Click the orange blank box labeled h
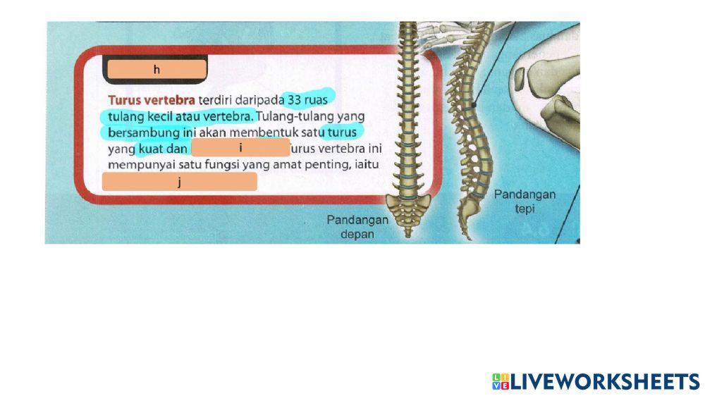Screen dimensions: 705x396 click(157, 69)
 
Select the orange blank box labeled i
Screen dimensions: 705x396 click(240, 147)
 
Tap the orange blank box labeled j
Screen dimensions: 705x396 click(179, 182)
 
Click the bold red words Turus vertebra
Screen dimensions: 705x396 click(152, 100)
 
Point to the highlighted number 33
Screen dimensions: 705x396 click(294, 100)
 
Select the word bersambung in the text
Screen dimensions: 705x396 click(144, 133)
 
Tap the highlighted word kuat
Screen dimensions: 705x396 click(150, 149)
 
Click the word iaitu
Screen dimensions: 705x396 click(367, 164)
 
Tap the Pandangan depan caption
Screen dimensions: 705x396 click(357, 227)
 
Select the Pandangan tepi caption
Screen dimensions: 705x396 click(525, 202)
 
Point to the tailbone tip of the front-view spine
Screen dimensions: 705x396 click(407, 235)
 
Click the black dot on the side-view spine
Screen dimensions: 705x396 click(474, 105)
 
